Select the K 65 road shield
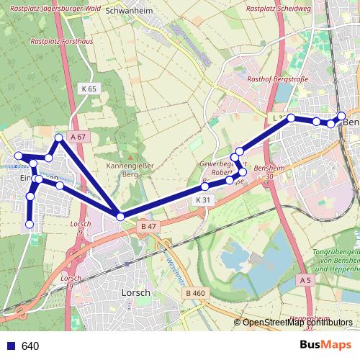89,88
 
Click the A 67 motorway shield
78,136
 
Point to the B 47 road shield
148,227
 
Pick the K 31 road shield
202,199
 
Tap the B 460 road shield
194,293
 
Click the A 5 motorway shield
305,279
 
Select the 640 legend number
30,346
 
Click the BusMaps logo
325,346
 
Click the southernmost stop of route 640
30,225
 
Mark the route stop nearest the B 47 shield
120,216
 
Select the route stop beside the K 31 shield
205,186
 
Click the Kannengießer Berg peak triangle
130,156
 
